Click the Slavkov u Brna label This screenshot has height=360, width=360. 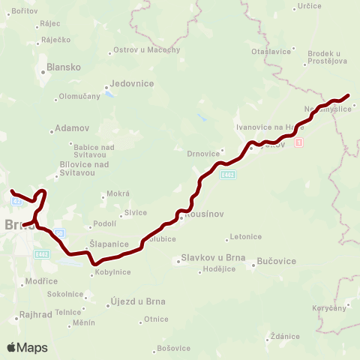tap(205, 260)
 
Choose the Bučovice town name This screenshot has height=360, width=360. tap(277, 260)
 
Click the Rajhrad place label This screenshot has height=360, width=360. tap(35, 316)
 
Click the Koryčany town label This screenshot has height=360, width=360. tap(329, 308)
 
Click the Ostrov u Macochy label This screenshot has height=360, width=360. tap(146, 49)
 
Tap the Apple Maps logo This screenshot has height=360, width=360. tap(27, 347)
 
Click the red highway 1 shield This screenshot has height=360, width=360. tap(299, 142)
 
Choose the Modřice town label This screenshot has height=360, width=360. tap(41, 280)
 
